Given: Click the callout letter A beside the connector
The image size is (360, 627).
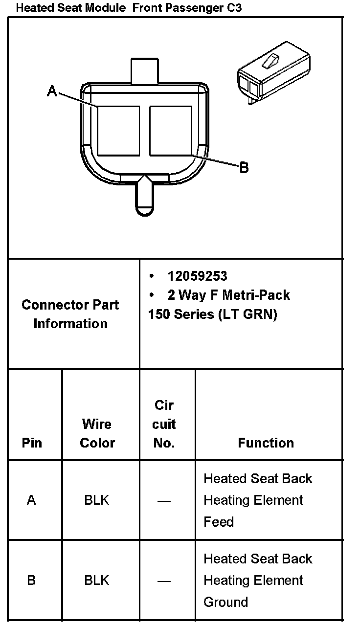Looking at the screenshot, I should pos(52,90).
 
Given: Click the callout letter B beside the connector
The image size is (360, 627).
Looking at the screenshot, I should pos(244,168).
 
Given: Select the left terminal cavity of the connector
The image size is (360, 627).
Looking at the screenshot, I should pos(118,131).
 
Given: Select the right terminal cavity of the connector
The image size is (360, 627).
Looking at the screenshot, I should pos(170,131).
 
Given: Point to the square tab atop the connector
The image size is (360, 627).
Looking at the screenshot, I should pos(145,70).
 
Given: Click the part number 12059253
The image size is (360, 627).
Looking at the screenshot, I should pos(197,276).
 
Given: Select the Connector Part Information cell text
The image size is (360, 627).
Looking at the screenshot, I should pos(70,314).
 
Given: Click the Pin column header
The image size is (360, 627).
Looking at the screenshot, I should pos(32,443).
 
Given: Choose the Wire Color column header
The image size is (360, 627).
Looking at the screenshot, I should pos(97,433).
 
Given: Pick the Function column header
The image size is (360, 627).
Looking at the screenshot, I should pos(266,443).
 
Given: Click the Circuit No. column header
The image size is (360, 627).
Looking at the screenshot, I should pos(164,424).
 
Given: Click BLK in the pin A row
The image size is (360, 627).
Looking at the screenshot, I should pos(97,500).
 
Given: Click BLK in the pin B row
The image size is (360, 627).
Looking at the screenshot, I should pos(97,581).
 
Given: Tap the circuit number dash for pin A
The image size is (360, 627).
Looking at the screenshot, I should pos(164,501).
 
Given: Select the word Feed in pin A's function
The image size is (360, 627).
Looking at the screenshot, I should pos(219,522).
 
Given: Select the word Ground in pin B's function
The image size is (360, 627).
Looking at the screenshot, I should pos(225,602).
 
